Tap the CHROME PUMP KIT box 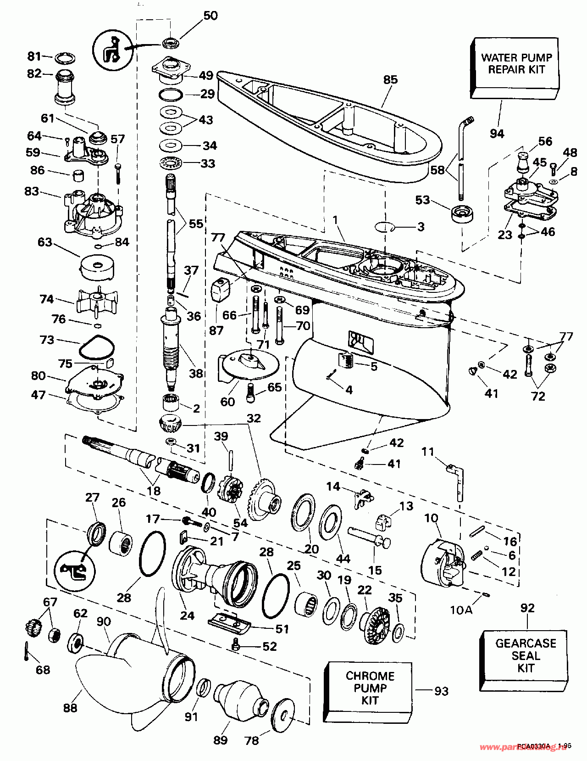pyautogui.click(x=370, y=688)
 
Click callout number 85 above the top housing pyautogui.click(x=390, y=79)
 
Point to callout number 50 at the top pyautogui.click(x=210, y=15)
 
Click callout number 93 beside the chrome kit pyautogui.click(x=441, y=690)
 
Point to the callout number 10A pyautogui.click(x=461, y=610)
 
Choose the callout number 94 pyautogui.click(x=497, y=134)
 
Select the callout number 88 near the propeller pyautogui.click(x=70, y=708)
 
